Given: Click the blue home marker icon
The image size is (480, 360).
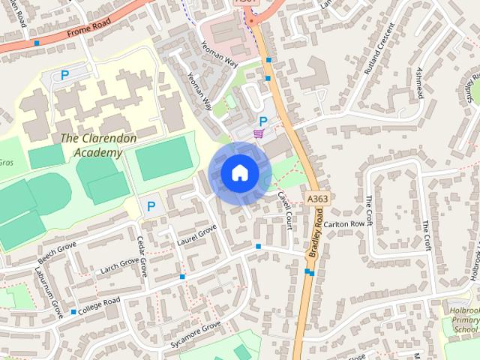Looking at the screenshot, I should coord(239,172).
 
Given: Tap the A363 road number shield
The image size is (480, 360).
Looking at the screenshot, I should coord(316,198).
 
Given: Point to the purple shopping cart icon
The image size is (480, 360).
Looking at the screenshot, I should coord(259,133).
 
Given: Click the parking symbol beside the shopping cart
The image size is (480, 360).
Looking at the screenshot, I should coord(262,121).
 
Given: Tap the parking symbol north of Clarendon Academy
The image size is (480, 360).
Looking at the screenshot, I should coord(64,75).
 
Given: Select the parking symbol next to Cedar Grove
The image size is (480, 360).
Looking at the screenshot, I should coord(151,205).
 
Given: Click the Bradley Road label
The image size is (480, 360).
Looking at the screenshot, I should coord(319,235).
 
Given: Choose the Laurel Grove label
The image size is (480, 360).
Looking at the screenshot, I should coord(196,235).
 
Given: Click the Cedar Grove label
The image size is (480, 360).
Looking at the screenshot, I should coord(142,256).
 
